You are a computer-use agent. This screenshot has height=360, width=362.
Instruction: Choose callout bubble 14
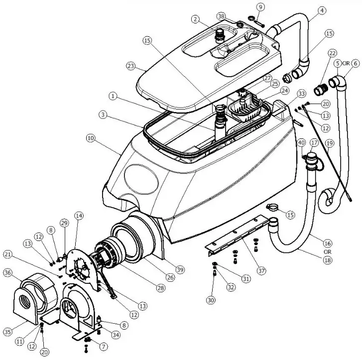click(79, 216)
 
